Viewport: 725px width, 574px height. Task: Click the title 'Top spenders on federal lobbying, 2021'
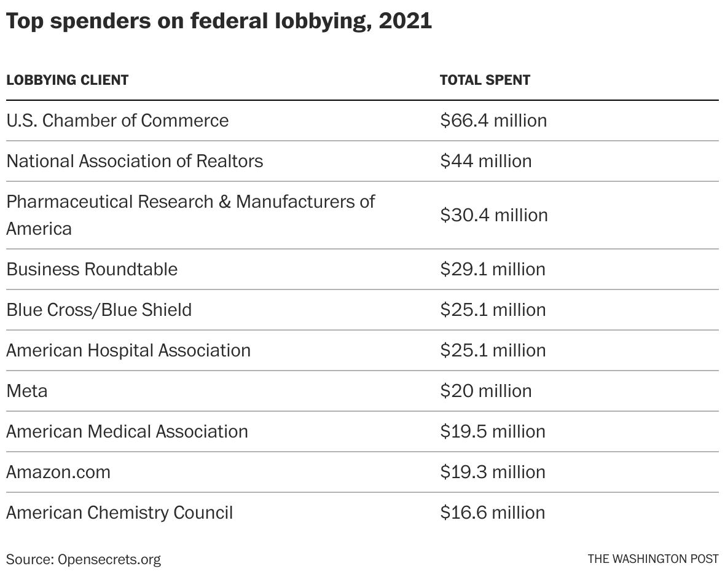click(219, 22)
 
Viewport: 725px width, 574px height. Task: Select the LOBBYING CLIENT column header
click(67, 80)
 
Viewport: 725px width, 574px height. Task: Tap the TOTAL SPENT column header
click(485, 80)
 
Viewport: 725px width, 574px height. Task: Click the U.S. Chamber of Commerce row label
click(117, 120)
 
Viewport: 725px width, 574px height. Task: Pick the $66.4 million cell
click(493, 120)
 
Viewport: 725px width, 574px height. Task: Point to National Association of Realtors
click(135, 161)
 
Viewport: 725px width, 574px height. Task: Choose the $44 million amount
click(485, 161)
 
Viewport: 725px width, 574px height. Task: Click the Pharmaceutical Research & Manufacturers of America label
click(190, 214)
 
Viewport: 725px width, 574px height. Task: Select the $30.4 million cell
click(493, 215)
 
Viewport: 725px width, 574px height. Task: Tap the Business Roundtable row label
click(92, 269)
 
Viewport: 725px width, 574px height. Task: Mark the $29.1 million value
click(493, 269)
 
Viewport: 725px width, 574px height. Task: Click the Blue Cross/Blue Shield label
click(99, 310)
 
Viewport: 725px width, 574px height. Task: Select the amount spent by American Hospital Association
click(493, 350)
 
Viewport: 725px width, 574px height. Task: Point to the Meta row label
click(26, 391)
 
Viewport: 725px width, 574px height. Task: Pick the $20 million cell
click(485, 391)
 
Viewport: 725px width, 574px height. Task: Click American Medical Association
click(127, 431)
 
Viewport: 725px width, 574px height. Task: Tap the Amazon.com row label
click(58, 472)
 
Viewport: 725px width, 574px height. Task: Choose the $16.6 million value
click(493, 513)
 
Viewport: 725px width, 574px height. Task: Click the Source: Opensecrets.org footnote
click(84, 559)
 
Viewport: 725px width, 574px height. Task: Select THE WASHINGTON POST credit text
click(652, 559)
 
